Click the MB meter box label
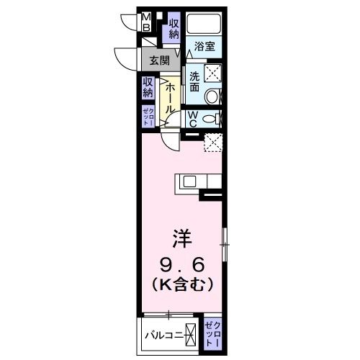[145, 22]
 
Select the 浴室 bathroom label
[204, 48]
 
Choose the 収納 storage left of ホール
[148, 87]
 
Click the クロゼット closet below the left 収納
[147, 117]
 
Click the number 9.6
[181, 262]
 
